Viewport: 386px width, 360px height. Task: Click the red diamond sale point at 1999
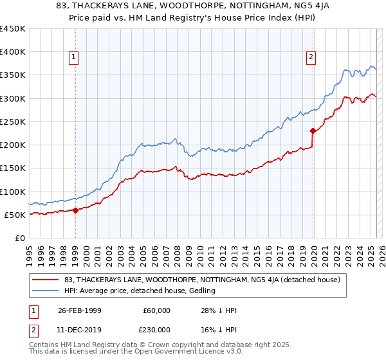[x=75, y=210]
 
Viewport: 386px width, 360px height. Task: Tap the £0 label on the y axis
[x=20, y=238]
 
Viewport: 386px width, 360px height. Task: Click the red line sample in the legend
[x=46, y=280]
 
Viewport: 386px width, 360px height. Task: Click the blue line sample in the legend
[x=46, y=291]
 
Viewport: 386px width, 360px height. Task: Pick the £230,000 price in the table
[x=157, y=329]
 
